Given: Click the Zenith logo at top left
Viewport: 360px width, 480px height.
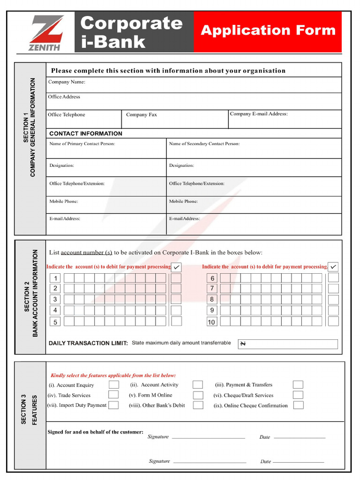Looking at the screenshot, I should (x=45, y=33).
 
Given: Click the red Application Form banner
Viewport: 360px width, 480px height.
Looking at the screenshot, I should (x=268, y=31).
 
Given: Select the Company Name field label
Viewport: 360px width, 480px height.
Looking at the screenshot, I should (x=67, y=82).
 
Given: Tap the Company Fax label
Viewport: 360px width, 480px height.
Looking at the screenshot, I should (x=141, y=115).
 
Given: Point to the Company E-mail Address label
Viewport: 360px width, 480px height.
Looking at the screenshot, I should (x=258, y=114).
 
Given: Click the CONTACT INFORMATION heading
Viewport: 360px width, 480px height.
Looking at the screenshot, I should (x=86, y=134).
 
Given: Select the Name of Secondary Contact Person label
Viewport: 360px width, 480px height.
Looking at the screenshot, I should (x=204, y=144).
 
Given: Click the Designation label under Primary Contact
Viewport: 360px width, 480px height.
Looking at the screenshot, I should (x=62, y=165).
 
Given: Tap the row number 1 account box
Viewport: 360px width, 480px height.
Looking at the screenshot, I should (x=55, y=278).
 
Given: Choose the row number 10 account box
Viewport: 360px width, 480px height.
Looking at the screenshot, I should (x=211, y=322).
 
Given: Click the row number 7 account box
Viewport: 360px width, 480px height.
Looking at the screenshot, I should (x=212, y=288).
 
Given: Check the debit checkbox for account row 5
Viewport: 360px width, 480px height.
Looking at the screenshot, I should (x=176, y=321).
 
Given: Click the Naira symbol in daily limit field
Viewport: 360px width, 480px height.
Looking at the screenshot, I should (x=243, y=344).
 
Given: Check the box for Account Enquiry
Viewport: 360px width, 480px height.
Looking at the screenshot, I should (x=113, y=385).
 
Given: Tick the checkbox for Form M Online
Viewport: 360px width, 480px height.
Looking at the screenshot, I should (x=198, y=395).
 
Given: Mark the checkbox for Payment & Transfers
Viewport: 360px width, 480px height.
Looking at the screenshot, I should (x=298, y=385).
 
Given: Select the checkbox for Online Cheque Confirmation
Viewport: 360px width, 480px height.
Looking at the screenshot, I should (x=298, y=405).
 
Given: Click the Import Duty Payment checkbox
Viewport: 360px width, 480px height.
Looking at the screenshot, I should (x=113, y=405).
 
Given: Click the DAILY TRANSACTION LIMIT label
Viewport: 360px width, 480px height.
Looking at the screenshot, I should (x=88, y=343).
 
